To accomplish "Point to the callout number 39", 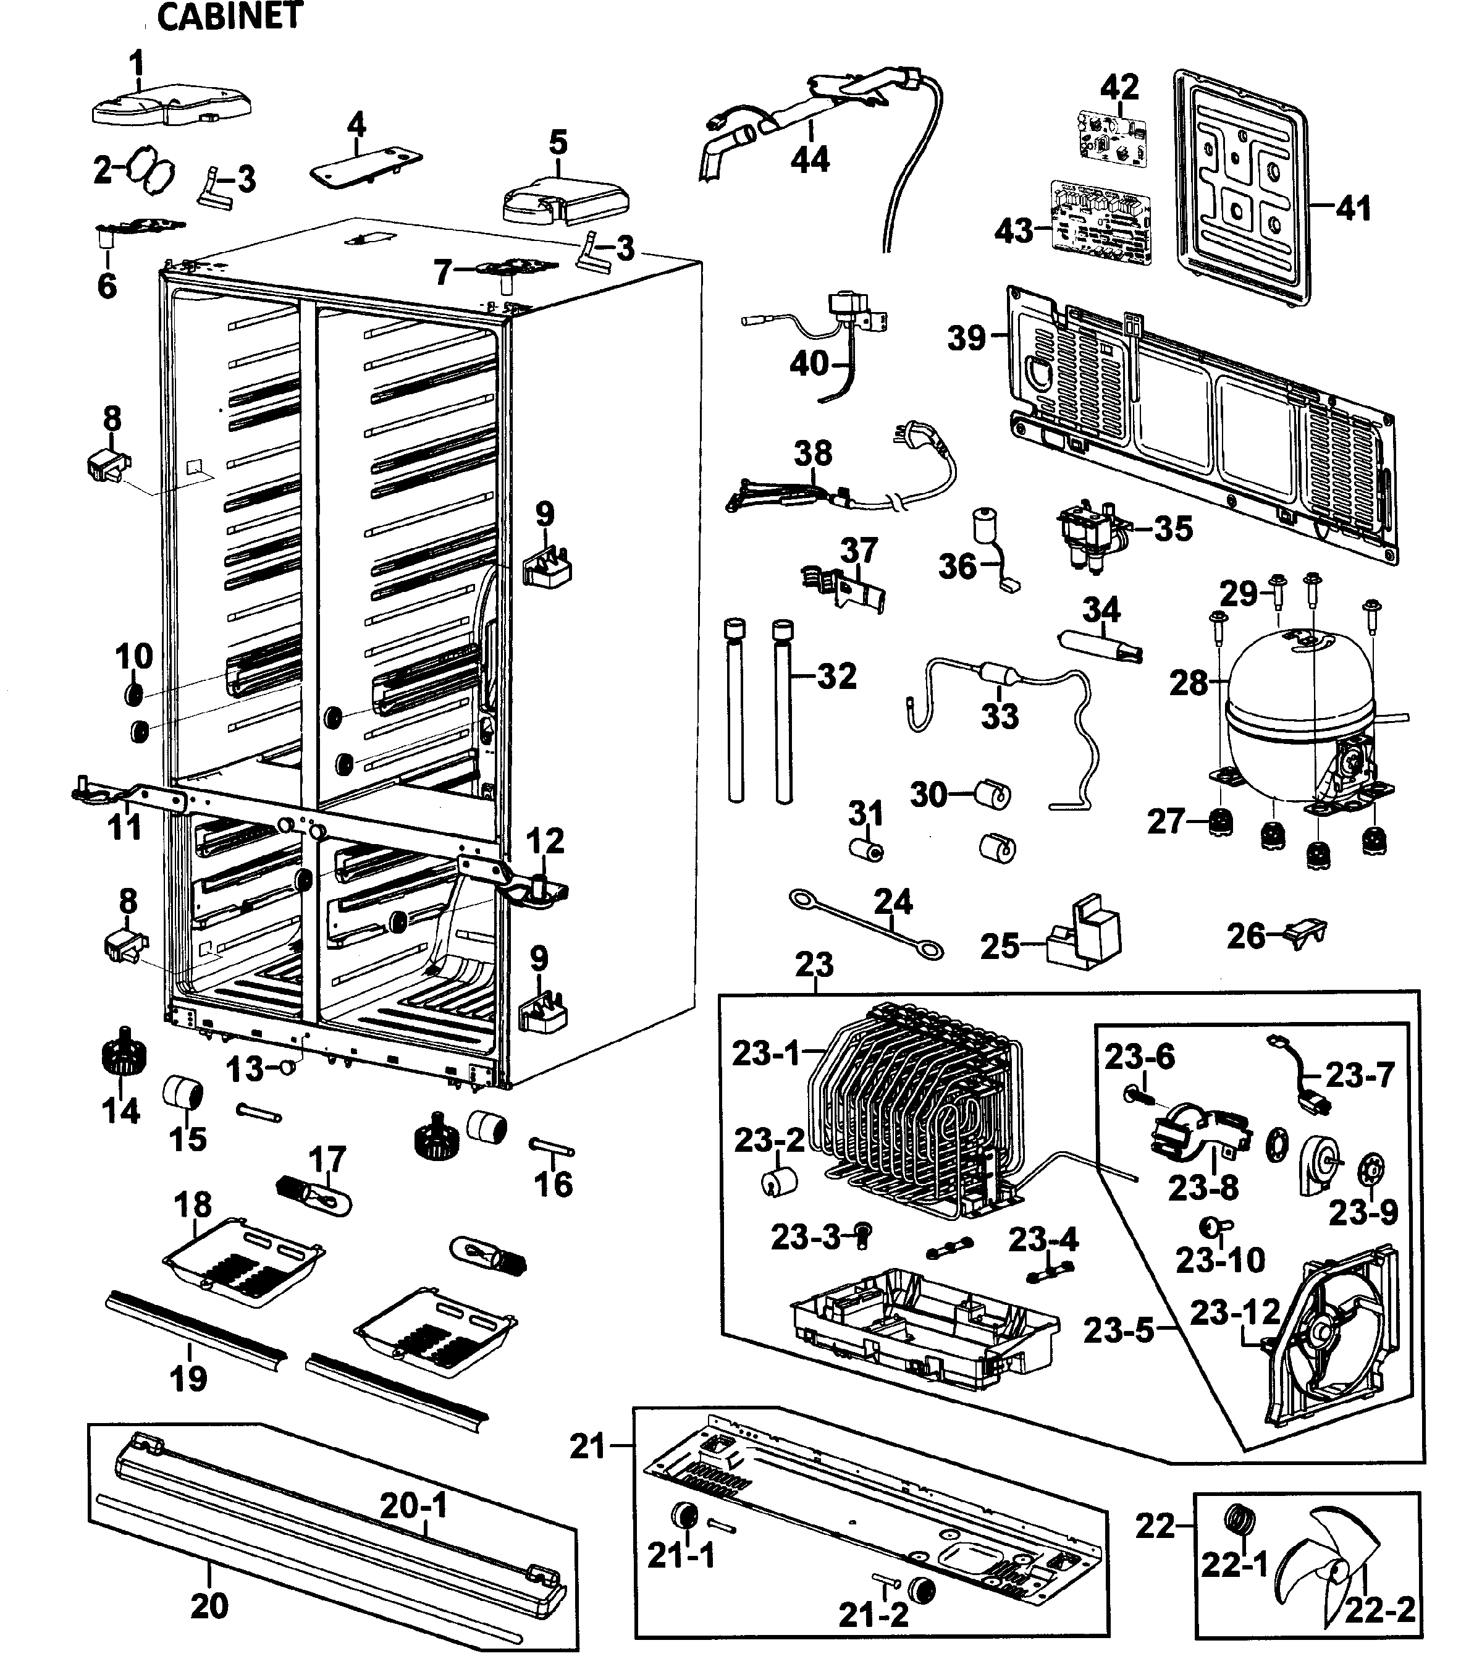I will click(967, 337).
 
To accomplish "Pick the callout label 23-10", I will click(1220, 1260).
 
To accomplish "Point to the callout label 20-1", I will click(414, 1505).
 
